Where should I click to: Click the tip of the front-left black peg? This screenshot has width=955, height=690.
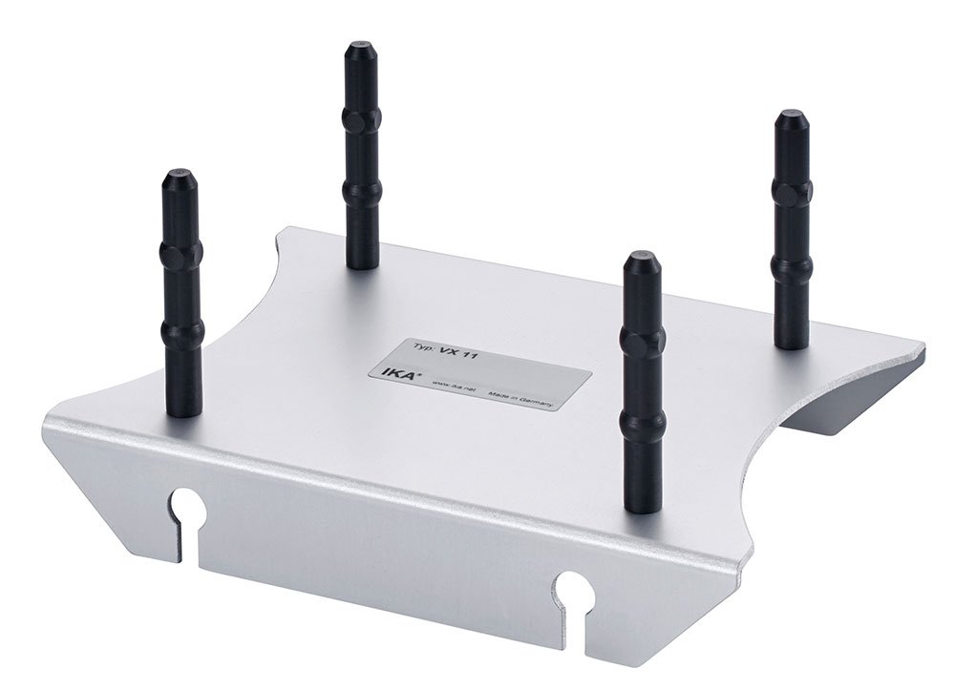click(179, 177)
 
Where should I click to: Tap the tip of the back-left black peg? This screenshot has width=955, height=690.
click(361, 48)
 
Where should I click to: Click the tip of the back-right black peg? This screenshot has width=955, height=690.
click(791, 117)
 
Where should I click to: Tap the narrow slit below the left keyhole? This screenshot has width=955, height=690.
click(179, 539)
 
